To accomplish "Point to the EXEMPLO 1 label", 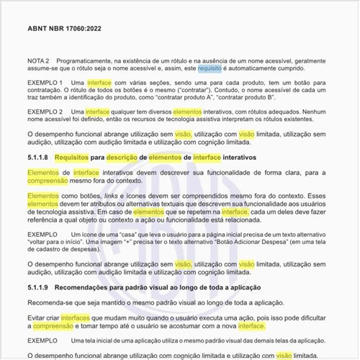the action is (45, 84).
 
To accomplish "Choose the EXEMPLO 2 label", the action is (45, 112).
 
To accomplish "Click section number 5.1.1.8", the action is (37, 156).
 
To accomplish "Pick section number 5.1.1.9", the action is (37, 287).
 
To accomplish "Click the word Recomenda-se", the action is (51, 302).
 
